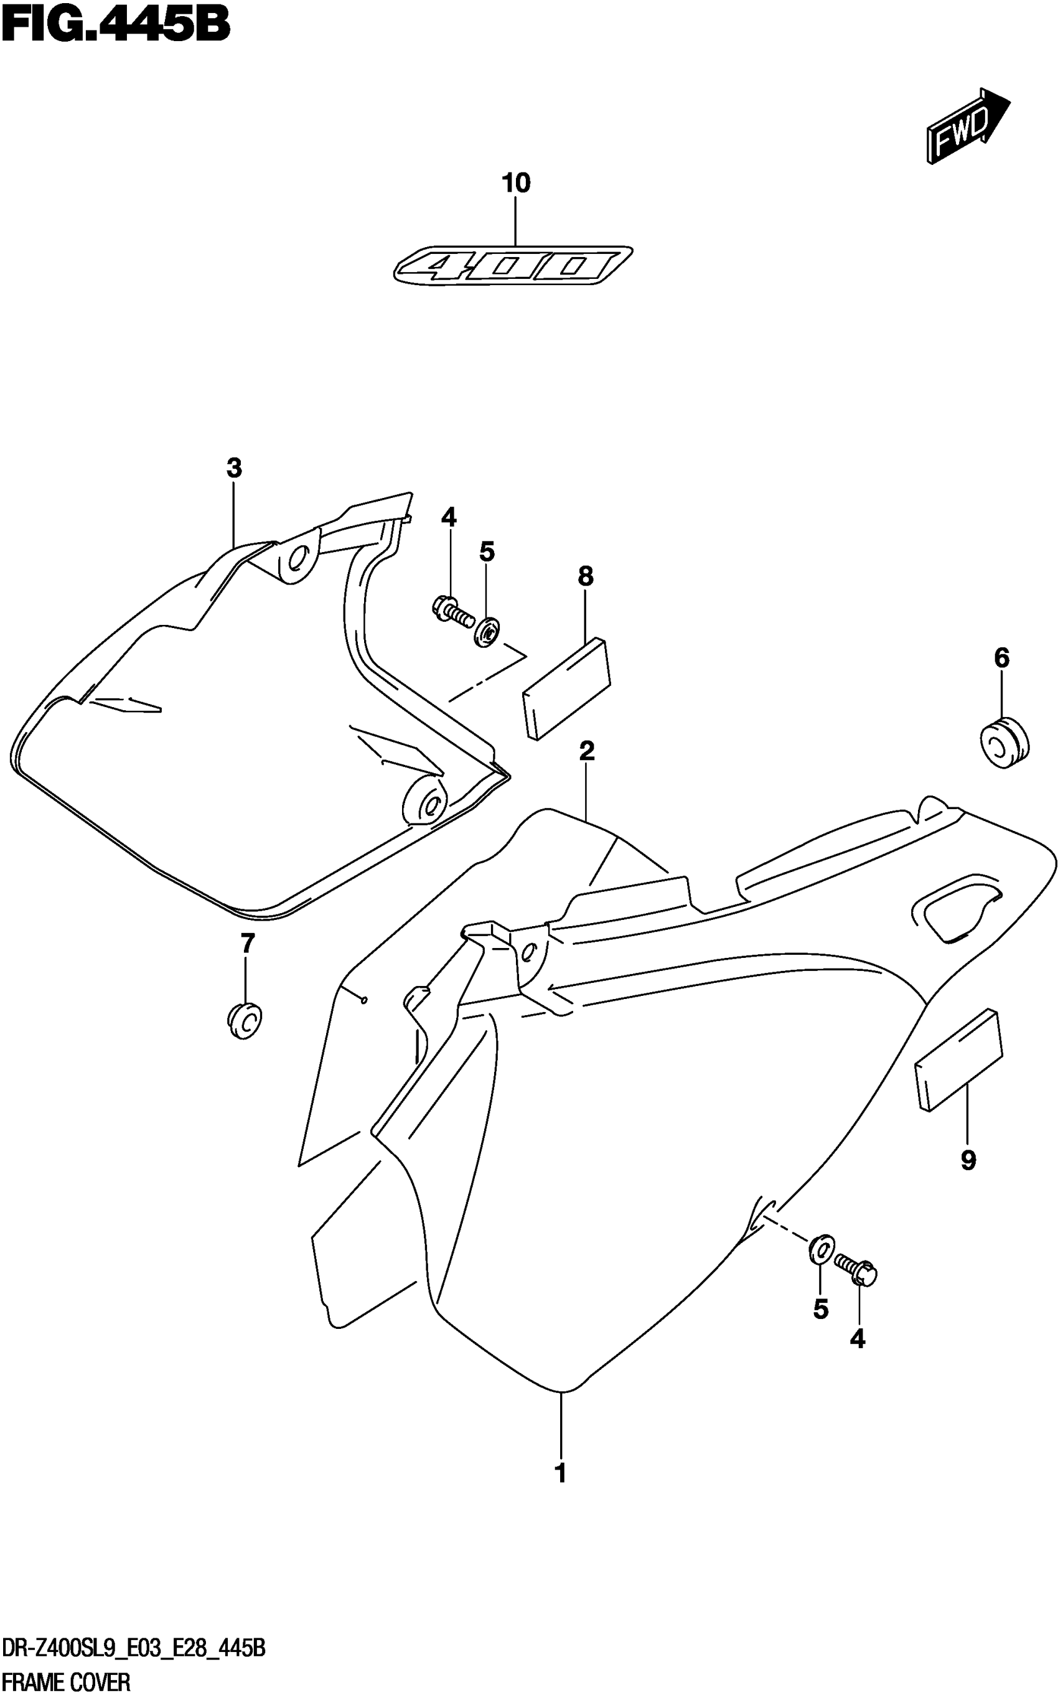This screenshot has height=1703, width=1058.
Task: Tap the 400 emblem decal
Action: (513, 266)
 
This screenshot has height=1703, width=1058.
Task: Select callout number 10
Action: (516, 184)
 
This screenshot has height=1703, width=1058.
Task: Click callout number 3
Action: (235, 467)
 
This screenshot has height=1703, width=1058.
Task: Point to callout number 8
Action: (586, 576)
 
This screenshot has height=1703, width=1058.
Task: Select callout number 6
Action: (1001, 658)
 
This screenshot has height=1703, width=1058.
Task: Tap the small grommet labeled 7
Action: (243, 1021)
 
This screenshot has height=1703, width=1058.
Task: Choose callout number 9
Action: (968, 1161)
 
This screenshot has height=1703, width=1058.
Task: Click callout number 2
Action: (586, 751)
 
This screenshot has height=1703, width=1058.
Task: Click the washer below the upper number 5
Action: (486, 632)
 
